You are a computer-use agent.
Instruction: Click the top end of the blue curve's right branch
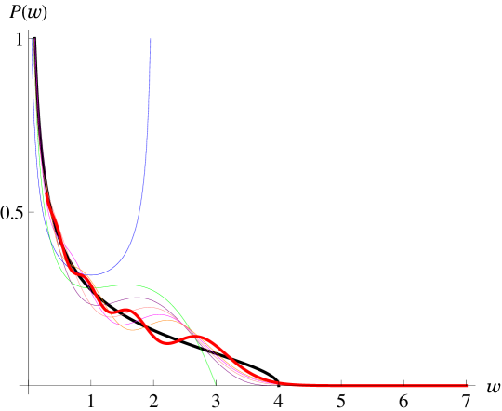151,39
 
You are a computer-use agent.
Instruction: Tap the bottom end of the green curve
215,382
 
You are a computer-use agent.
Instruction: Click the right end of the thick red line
467,386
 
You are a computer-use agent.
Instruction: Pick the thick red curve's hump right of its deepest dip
199,338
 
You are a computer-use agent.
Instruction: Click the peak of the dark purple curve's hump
139,298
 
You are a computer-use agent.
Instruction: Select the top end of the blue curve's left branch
33,39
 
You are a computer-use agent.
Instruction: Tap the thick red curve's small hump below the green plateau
124,311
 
